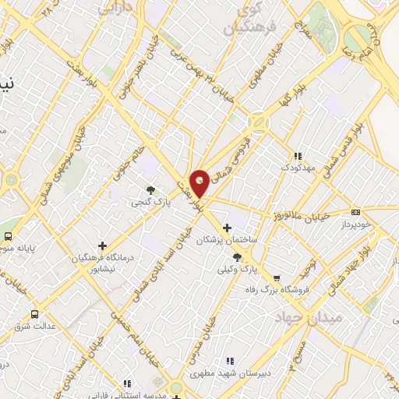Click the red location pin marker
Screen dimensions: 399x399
click(x=199, y=182)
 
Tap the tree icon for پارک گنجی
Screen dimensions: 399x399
click(x=150, y=189)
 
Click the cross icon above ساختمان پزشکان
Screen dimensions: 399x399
click(x=227, y=228)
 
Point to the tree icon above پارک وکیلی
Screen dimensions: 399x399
click(x=237, y=256)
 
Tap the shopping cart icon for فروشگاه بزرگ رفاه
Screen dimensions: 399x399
click(x=277, y=278)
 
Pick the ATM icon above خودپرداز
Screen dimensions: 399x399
click(x=356, y=211)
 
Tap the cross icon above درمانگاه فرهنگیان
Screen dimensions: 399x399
click(x=102, y=245)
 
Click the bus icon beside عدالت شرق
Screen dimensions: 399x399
click(x=34, y=313)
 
